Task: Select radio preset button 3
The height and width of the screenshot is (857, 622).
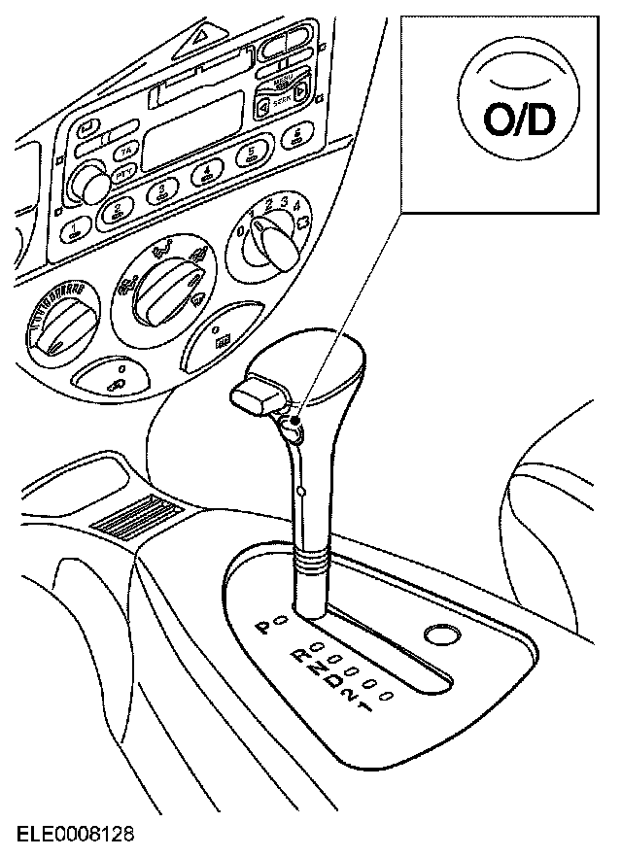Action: point(159,191)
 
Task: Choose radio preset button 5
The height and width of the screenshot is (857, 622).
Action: point(252,154)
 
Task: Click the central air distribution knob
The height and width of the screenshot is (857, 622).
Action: point(159,286)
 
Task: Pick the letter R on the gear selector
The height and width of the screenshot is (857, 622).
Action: point(300,658)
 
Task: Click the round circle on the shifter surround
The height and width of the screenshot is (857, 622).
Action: point(442,635)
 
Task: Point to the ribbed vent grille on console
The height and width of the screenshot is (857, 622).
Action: point(136,516)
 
